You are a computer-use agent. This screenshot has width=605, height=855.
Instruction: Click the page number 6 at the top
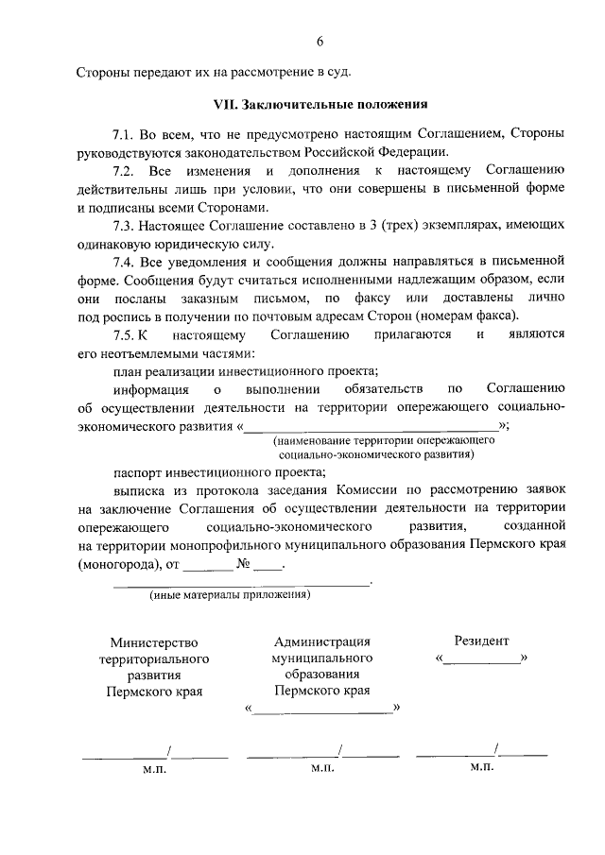point(320,41)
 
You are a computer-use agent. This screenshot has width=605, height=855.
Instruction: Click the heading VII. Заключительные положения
point(320,105)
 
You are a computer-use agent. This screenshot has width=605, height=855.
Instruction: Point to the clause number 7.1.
point(124,136)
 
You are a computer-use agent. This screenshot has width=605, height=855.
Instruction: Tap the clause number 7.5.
point(125,334)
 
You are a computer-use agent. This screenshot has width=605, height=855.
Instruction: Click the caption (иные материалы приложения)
point(230,595)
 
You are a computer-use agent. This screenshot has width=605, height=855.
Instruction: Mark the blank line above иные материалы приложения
point(240,586)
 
